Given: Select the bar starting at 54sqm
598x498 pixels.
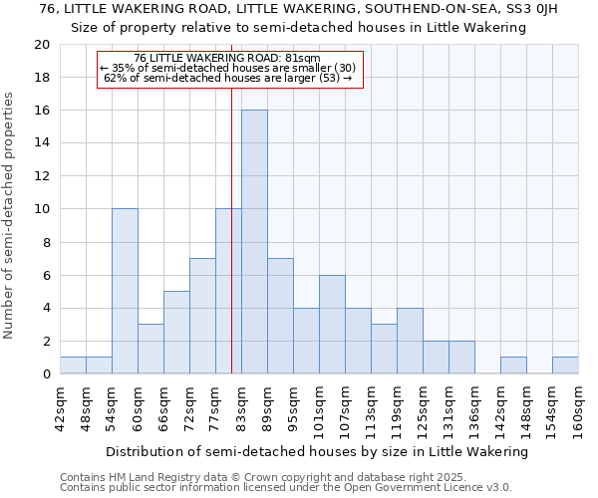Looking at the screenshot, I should pyautogui.click(x=125, y=291).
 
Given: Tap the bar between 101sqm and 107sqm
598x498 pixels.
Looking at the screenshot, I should pyautogui.click(x=332, y=324).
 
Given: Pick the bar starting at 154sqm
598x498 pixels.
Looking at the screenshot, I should pyautogui.click(x=565, y=366).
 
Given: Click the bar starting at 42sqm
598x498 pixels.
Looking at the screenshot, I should pyautogui.click(x=73, y=366).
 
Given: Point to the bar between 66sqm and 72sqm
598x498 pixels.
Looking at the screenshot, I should pyautogui.click(x=176, y=332).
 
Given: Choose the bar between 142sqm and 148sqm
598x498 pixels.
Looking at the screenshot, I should pyautogui.click(x=513, y=366).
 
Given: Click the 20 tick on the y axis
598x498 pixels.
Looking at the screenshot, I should pyautogui.click(x=42, y=45).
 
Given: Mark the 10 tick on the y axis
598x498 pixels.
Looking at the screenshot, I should pyautogui.click(x=42, y=209).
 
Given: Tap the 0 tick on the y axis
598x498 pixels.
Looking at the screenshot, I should pyautogui.click(x=46, y=373).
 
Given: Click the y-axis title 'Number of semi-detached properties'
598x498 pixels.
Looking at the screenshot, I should pyautogui.click(x=9, y=215).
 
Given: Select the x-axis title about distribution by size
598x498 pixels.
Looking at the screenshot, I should pyautogui.click(x=316, y=451).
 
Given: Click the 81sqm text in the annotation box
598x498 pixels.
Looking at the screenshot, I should pyautogui.click(x=302, y=58).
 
